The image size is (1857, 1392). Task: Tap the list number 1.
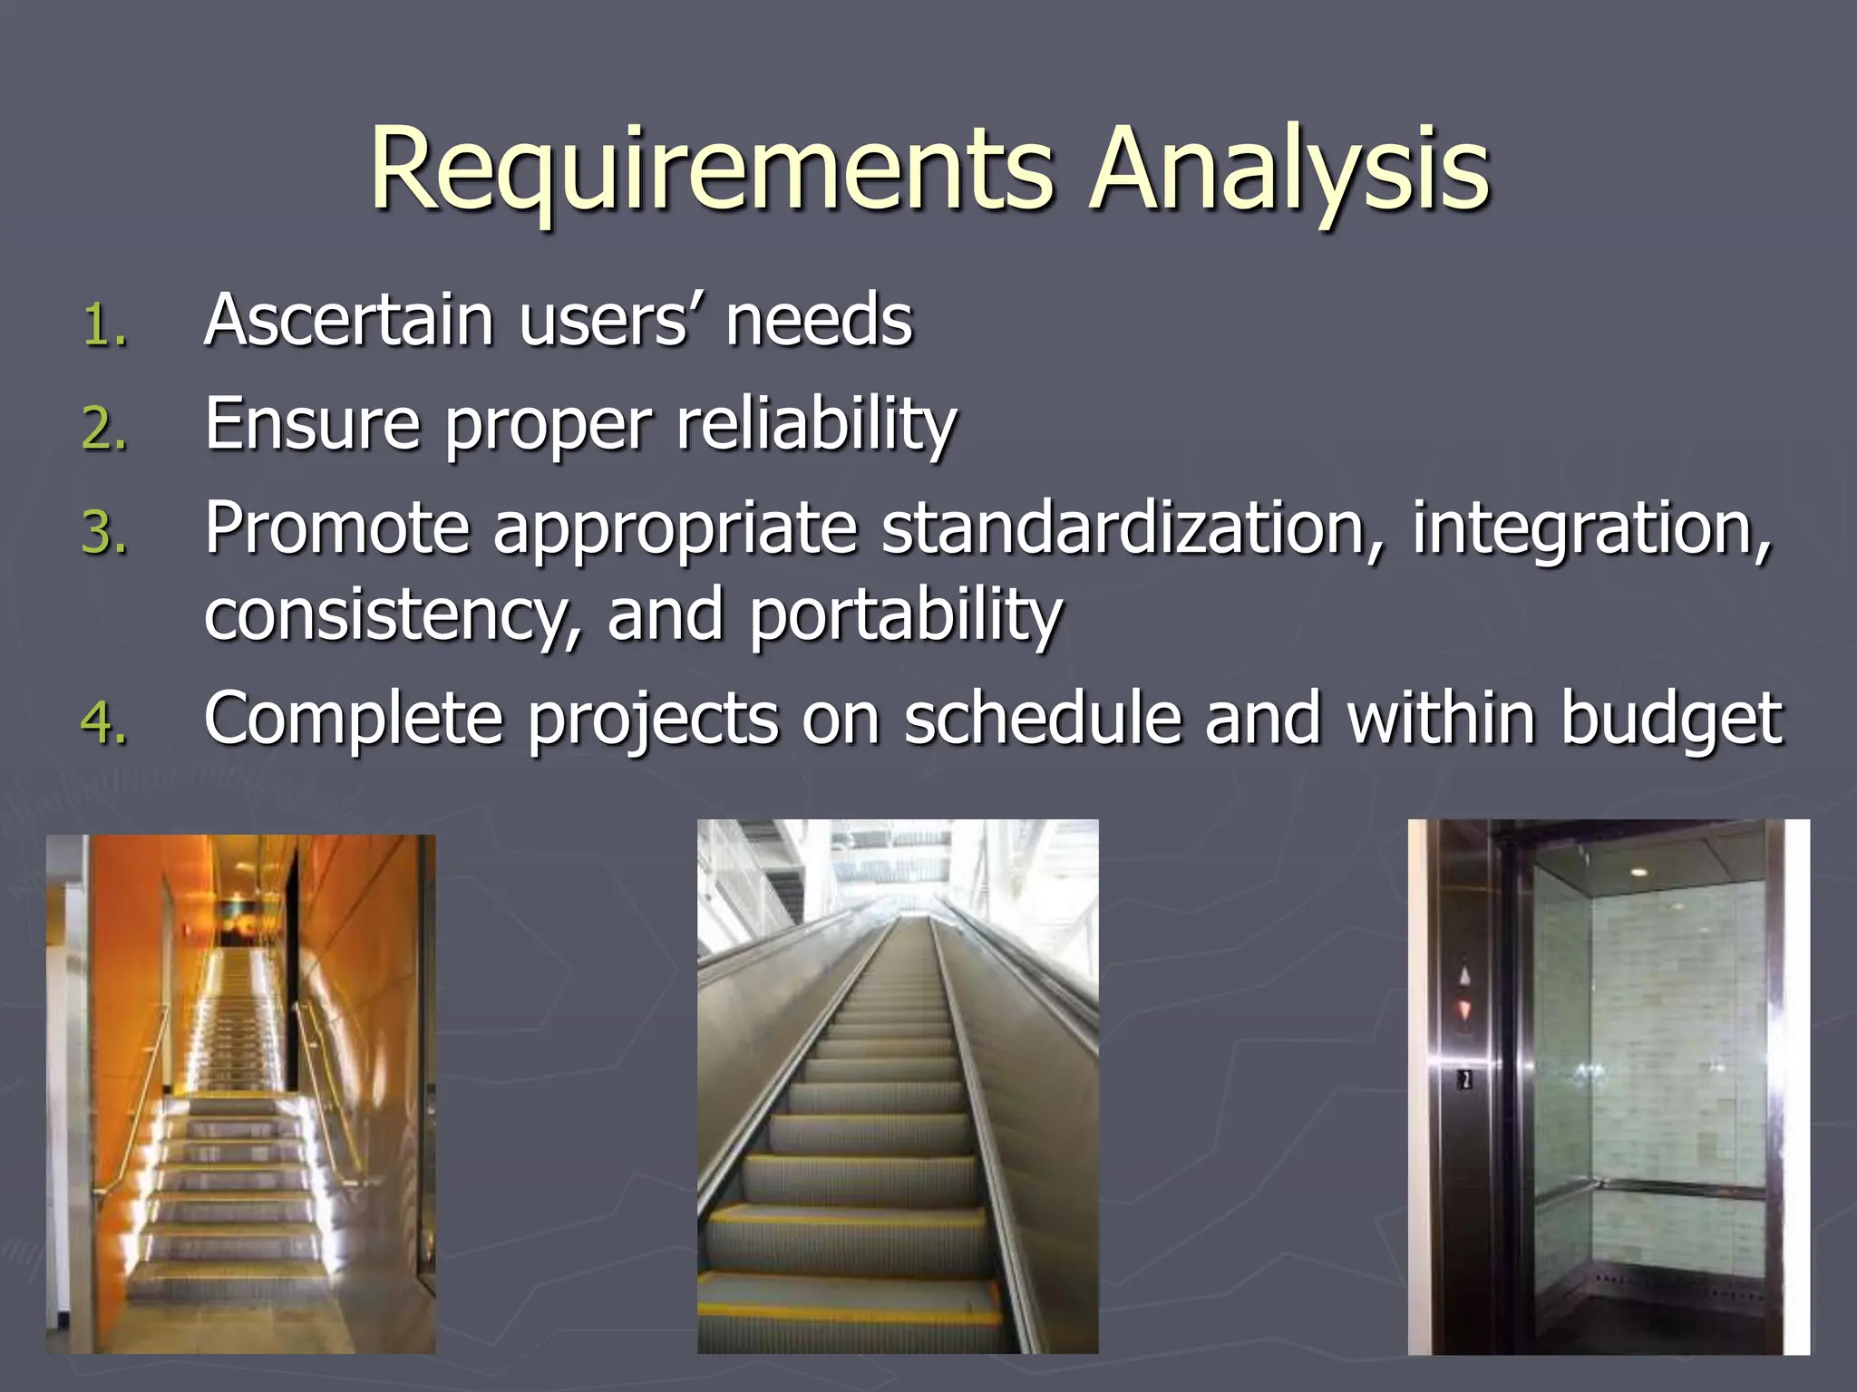pyautogui.click(x=103, y=326)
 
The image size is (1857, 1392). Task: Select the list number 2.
pyautogui.click(x=103, y=429)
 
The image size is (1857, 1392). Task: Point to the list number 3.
pyautogui.click(x=103, y=532)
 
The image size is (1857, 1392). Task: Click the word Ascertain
pyautogui.click(x=349, y=321)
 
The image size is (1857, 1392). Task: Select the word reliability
pyautogui.click(x=816, y=424)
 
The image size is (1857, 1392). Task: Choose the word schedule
pyautogui.click(x=1043, y=719)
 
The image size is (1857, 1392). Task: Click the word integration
pyautogui.click(x=1590, y=529)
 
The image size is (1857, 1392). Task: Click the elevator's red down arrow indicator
pyautogui.click(x=1464, y=1009)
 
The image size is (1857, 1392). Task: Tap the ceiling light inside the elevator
pyautogui.click(x=1638, y=872)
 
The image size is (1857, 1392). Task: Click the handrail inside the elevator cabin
pyautogui.click(x=1677, y=1186)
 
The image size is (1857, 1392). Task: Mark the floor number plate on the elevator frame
pyautogui.click(x=1464, y=1079)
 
